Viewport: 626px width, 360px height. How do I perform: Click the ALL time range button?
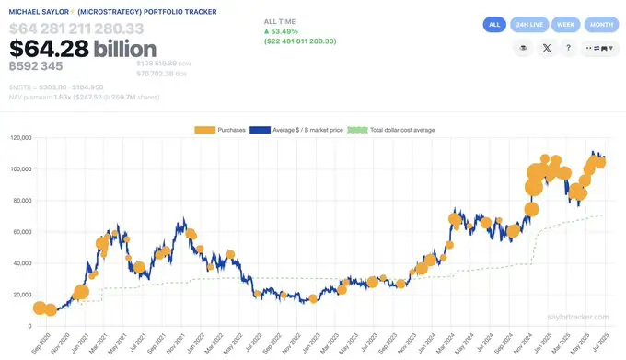tap(495, 25)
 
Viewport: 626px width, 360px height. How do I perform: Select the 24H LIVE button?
tap(530, 25)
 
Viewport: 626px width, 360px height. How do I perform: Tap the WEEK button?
tap(567, 25)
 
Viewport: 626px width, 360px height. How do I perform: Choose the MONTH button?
tap(601, 25)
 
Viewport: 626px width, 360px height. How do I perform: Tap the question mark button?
tap(569, 49)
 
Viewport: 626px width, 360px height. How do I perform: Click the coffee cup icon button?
tap(524, 49)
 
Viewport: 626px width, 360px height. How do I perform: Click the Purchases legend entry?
tap(222, 129)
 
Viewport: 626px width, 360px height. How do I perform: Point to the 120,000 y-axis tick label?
tap(18, 138)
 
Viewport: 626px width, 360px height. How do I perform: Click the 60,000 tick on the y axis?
tap(20, 232)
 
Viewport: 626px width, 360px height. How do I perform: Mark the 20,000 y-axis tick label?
tap(20, 295)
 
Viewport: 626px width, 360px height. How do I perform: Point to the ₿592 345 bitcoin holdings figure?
tap(37, 66)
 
